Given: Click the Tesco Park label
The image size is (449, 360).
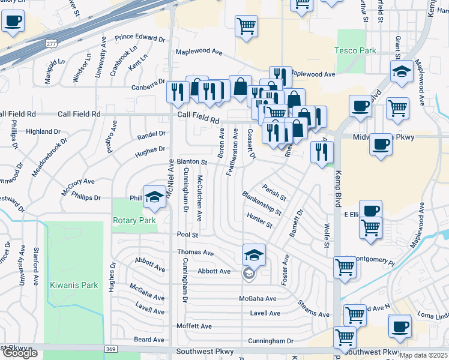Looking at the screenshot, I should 355,50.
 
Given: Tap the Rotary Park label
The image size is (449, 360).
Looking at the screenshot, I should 134,220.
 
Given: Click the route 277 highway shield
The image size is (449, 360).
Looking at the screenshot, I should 52,43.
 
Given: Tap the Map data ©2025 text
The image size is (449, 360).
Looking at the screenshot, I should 423,355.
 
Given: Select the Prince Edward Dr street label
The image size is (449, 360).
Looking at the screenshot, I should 144,38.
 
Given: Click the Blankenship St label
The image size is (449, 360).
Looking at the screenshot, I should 262,203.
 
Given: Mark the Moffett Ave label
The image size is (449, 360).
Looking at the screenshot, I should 194,326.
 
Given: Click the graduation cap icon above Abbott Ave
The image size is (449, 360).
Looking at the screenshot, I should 254,255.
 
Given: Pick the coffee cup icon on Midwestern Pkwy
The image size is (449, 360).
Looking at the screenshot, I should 381,145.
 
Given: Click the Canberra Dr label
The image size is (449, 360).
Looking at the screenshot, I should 148,82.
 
